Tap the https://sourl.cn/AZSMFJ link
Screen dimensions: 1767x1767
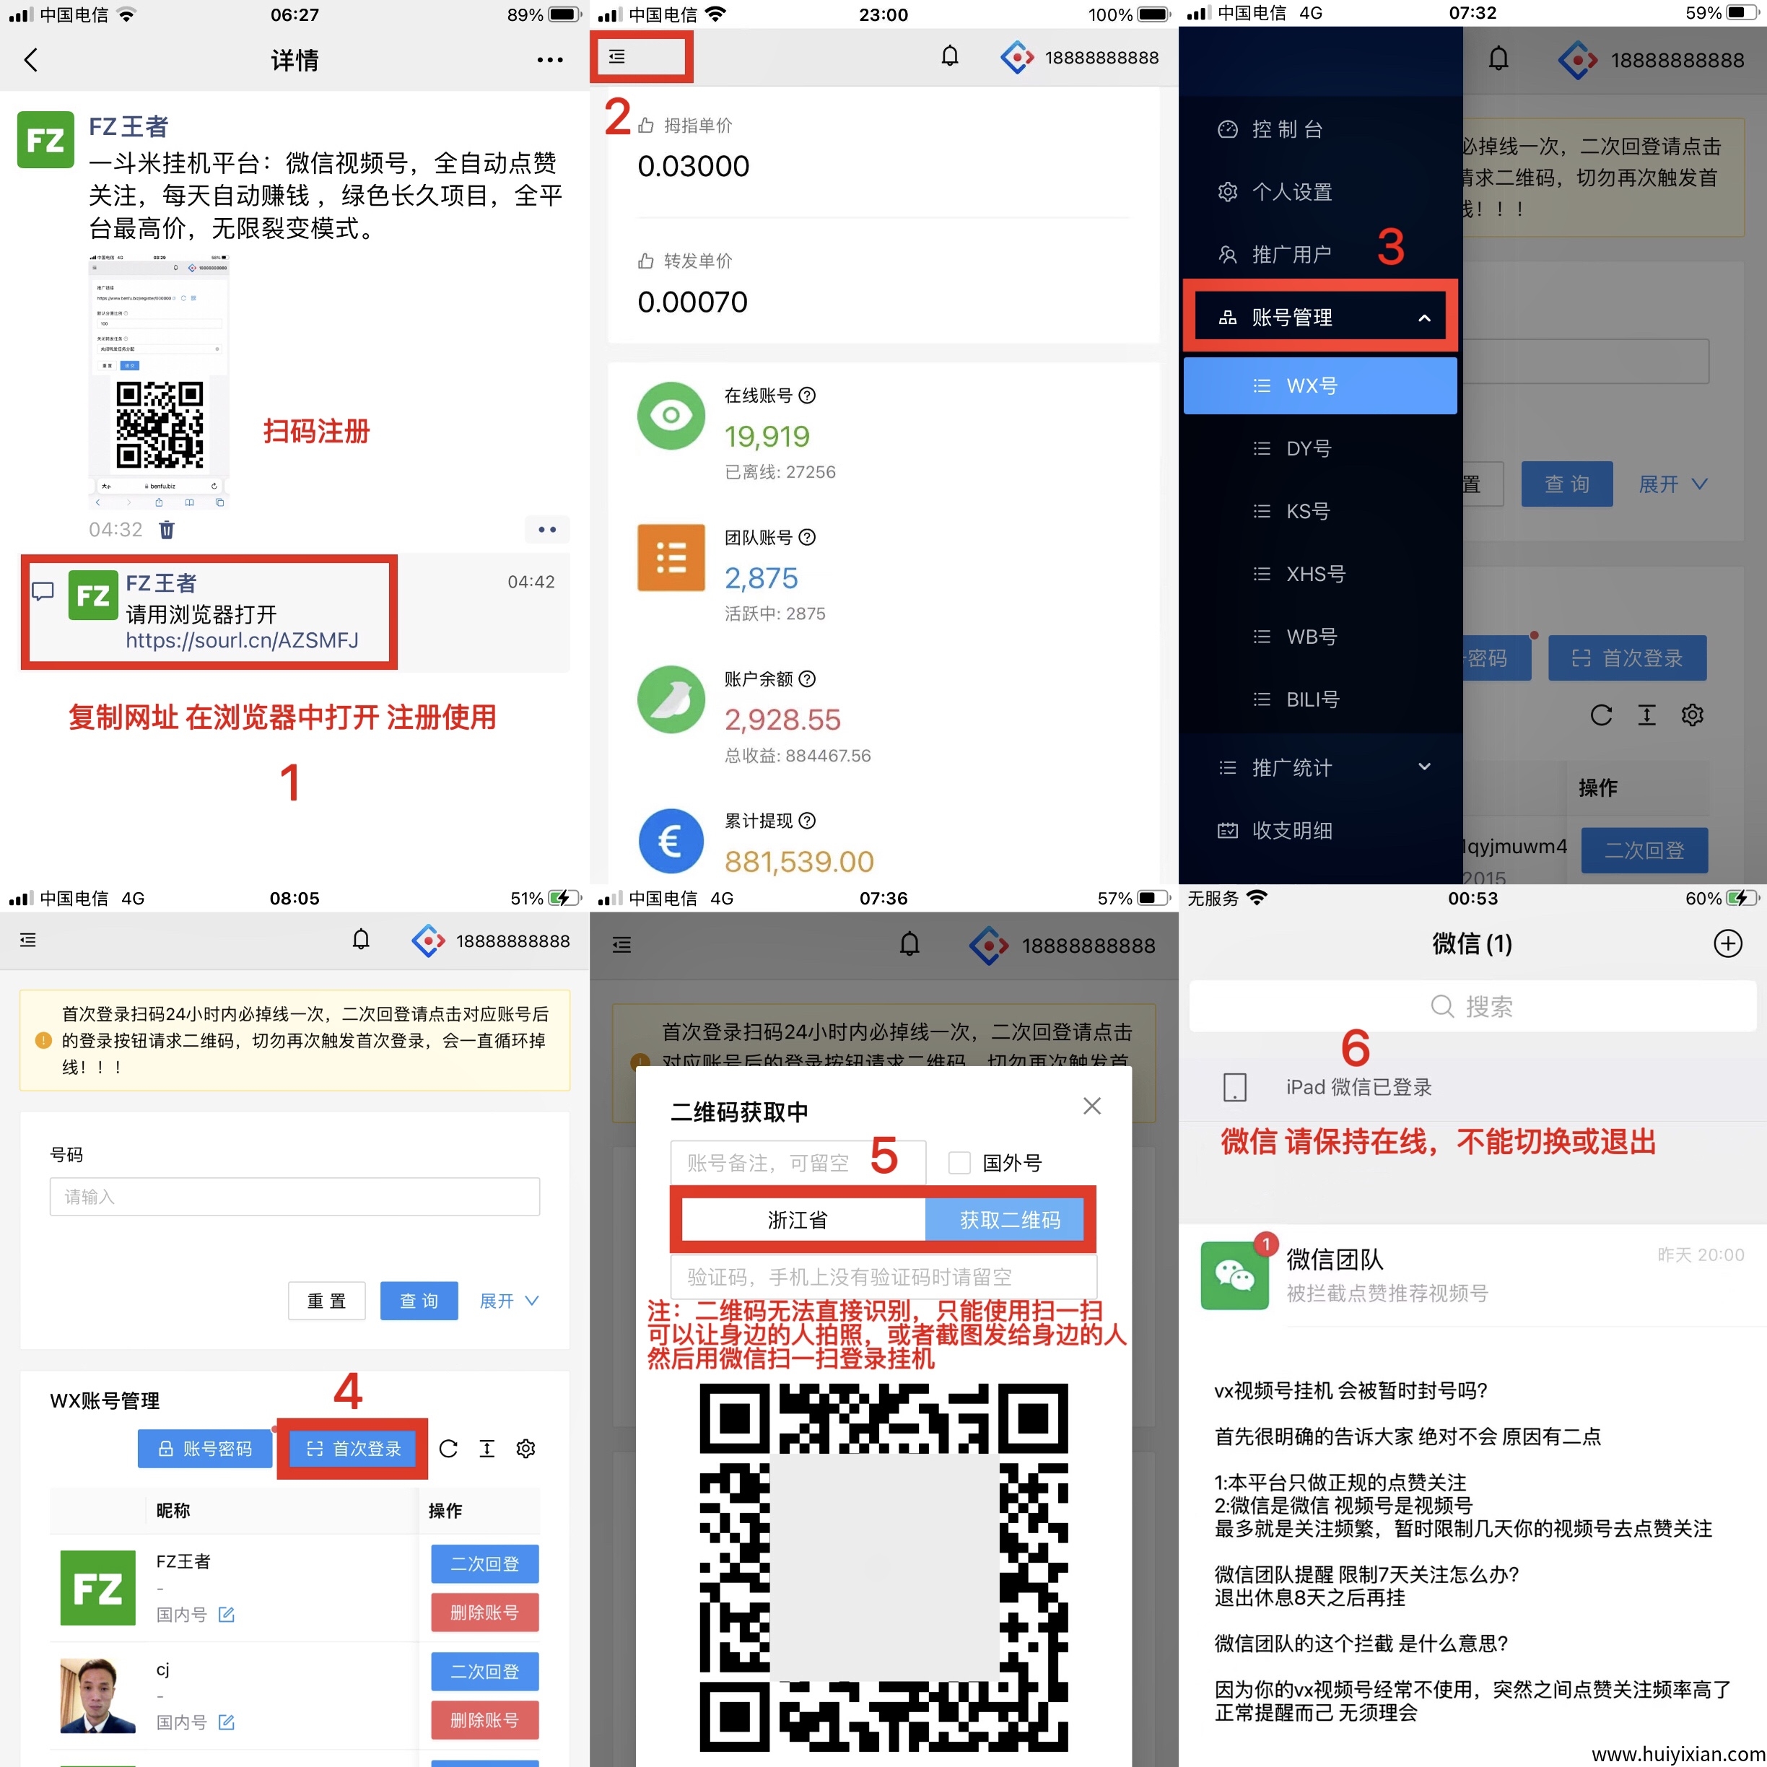point(242,640)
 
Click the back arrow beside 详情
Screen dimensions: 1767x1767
point(31,61)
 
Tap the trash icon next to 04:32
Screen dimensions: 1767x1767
point(167,530)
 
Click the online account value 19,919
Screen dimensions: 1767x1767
point(767,436)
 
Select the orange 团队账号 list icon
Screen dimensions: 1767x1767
point(671,557)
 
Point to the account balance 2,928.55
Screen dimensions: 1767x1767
point(782,720)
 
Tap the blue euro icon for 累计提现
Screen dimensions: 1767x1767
point(671,840)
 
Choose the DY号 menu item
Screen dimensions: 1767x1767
point(1308,448)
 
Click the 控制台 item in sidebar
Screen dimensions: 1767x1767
point(1286,129)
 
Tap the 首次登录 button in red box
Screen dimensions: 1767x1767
point(353,1449)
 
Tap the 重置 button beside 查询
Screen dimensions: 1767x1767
point(326,1301)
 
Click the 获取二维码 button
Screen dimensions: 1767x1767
point(1009,1220)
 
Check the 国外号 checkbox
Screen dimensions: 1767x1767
point(959,1162)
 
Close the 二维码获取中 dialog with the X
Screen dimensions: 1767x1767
point(1091,1106)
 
